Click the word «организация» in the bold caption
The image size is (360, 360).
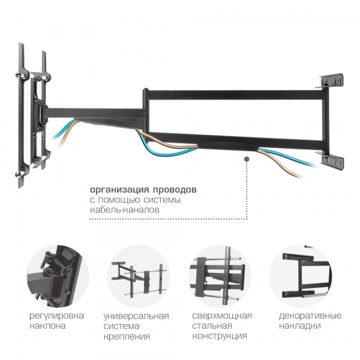(x=118, y=190)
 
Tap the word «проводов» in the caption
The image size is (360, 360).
(x=175, y=190)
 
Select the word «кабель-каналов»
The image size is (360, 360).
(x=125, y=210)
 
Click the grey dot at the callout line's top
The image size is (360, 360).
(x=247, y=159)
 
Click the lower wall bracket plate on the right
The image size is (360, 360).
(x=332, y=160)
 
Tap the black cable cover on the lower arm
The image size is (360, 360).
(x=228, y=146)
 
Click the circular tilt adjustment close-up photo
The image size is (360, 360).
(x=58, y=276)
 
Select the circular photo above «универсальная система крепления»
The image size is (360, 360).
(x=139, y=276)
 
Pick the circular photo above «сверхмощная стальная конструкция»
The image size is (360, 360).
(x=220, y=276)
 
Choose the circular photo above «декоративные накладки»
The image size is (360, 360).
(x=301, y=276)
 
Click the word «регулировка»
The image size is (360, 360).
(x=57, y=316)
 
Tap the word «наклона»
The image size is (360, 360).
(x=47, y=326)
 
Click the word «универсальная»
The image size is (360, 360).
(x=136, y=316)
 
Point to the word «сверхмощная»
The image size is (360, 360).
(x=222, y=316)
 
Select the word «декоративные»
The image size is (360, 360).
(x=310, y=316)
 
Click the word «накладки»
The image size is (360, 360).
(x=300, y=326)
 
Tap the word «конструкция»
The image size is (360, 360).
(x=220, y=336)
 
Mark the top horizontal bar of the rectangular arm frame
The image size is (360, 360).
(x=236, y=95)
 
